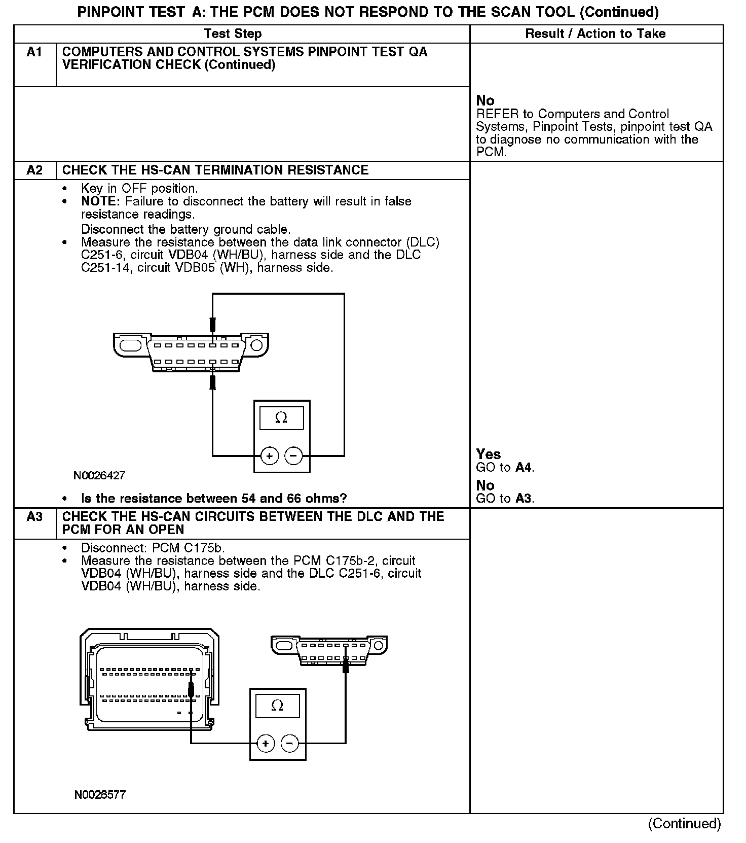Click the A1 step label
tap(34, 52)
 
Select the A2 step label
tap(34, 170)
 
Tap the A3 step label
tap(34, 516)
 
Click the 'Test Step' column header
tap(233, 33)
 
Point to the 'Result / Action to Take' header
tap(595, 33)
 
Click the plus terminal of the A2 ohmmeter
tap(269, 456)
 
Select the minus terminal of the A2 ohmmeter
tap(293, 456)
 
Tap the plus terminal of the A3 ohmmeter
tap(265, 744)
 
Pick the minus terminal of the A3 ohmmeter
tap(289, 744)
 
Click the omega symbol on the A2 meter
tap(281, 417)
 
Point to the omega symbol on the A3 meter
tap(277, 706)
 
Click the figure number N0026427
tap(99, 476)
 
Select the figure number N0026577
tap(100, 794)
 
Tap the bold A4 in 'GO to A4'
tap(524, 468)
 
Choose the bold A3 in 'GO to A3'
tap(523, 499)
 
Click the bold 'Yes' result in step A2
tap(488, 454)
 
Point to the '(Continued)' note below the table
tap(684, 824)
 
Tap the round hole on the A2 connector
tap(256, 345)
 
